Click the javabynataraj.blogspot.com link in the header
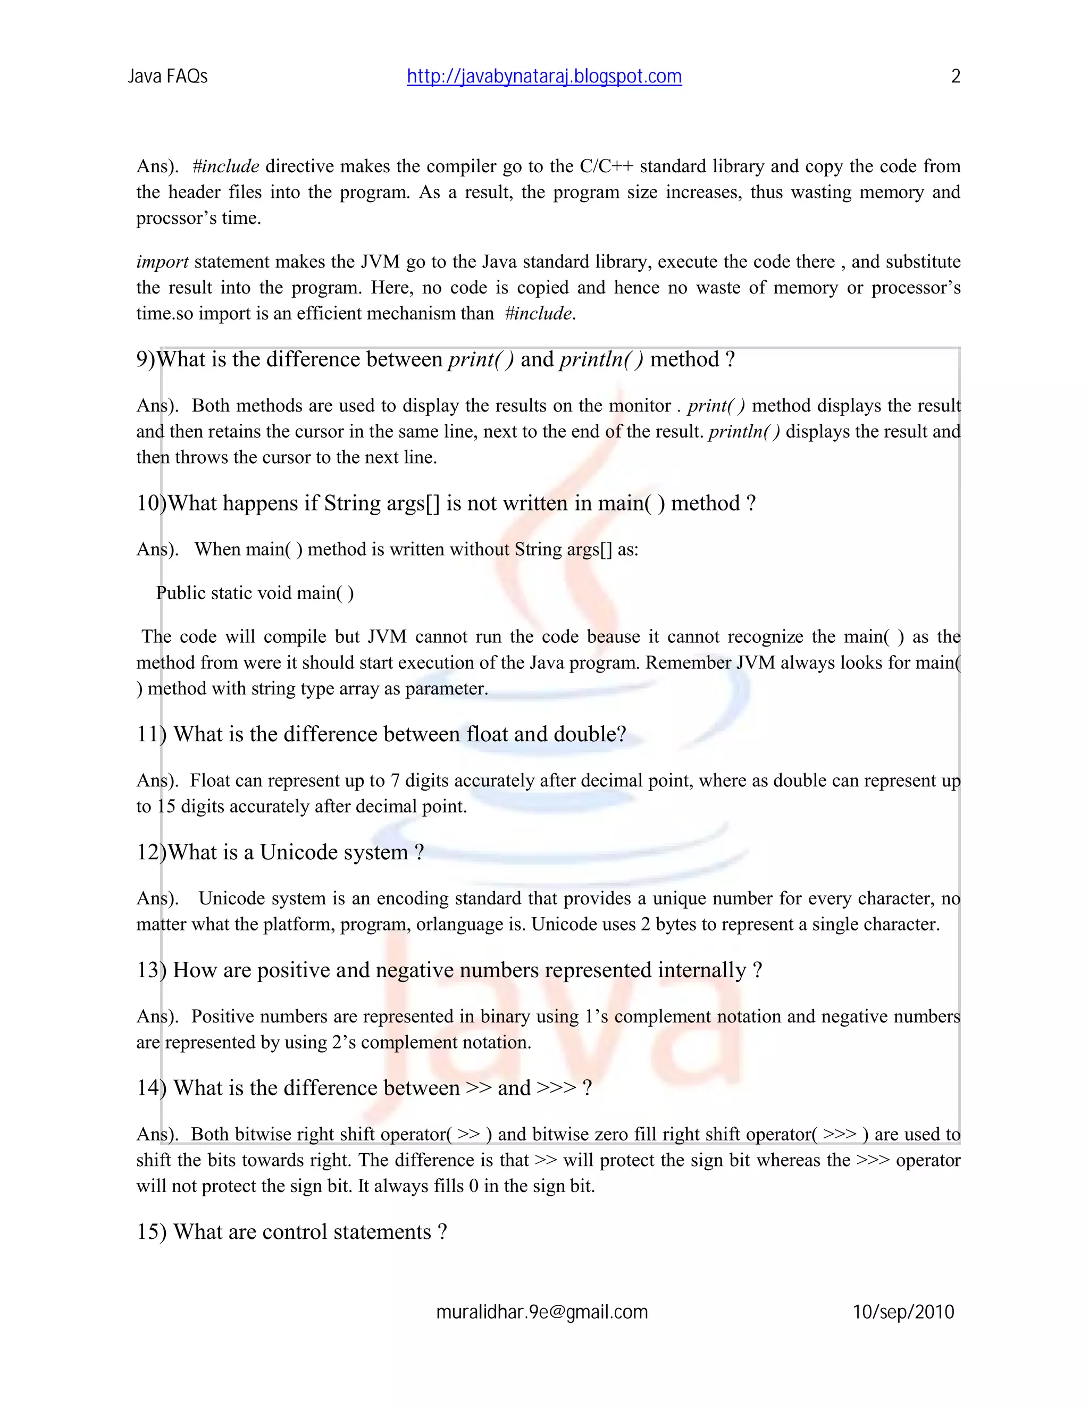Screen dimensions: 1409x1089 click(x=544, y=77)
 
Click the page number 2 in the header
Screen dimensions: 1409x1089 click(x=956, y=77)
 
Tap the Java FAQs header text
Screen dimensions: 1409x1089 click(x=167, y=77)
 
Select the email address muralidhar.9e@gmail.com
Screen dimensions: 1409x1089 click(x=542, y=1312)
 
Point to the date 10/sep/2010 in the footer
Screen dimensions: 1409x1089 click(x=903, y=1312)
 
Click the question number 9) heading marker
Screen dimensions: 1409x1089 click(x=146, y=359)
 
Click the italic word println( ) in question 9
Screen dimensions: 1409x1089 click(x=601, y=359)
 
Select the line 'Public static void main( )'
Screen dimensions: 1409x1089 click(x=255, y=593)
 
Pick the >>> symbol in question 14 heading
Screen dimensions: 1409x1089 click(x=556, y=1088)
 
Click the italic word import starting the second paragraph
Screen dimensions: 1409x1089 click(x=162, y=262)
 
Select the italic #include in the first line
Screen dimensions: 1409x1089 click(x=226, y=166)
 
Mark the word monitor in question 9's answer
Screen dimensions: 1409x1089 click(x=639, y=406)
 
